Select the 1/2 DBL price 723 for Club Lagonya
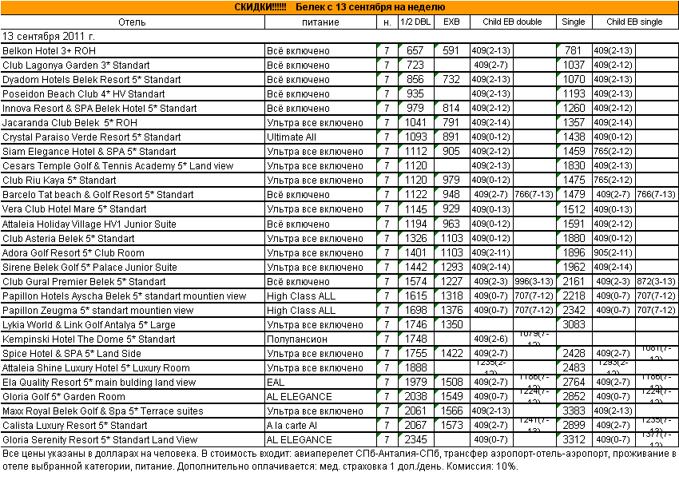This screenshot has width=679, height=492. click(x=415, y=65)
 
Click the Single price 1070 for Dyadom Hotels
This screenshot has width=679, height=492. click(x=574, y=79)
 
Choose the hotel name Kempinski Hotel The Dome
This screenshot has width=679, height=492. click(x=89, y=339)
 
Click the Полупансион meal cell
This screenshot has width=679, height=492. click(x=297, y=339)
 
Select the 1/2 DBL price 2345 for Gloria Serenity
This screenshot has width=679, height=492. click(x=415, y=439)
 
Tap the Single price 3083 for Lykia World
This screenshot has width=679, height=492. click(x=574, y=324)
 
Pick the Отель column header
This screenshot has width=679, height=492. click(x=132, y=22)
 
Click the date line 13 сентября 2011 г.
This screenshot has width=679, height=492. click(x=50, y=36)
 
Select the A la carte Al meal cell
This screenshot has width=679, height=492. click(x=292, y=425)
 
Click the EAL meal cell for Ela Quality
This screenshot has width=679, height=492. click(x=276, y=382)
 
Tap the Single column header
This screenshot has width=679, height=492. click(x=574, y=22)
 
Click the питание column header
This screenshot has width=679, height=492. click(x=320, y=22)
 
